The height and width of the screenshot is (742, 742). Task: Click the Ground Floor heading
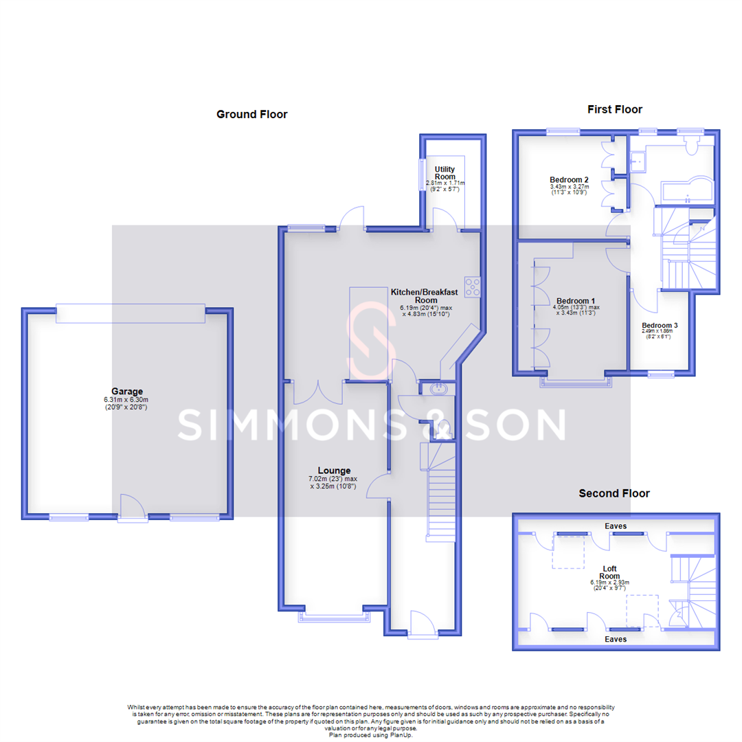point(251,115)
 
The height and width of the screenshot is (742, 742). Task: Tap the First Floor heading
point(614,109)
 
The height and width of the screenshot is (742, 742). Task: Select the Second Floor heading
point(614,493)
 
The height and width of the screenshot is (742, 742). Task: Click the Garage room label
point(127,392)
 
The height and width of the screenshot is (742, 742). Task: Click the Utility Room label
point(445,172)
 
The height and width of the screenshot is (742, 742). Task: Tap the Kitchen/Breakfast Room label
point(424,296)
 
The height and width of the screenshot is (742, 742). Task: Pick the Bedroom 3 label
point(660,325)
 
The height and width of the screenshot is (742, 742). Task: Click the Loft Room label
point(609,572)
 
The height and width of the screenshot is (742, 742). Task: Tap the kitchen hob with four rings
point(473,286)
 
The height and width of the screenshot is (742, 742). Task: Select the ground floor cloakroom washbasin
point(438,390)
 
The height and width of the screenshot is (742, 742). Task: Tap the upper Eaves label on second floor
point(615,526)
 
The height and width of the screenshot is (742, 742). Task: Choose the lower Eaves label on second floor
point(615,639)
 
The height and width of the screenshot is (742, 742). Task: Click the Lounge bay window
point(333,617)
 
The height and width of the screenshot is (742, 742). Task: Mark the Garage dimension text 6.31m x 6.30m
point(127,400)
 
